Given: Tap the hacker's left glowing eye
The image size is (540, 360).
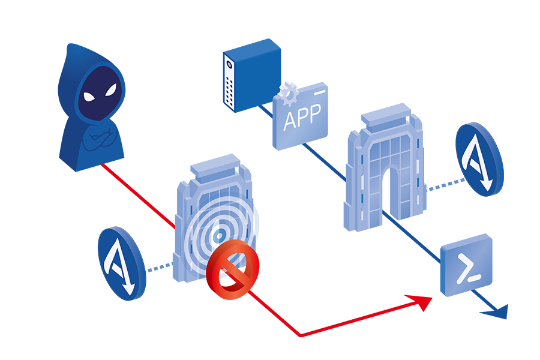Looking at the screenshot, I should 88,97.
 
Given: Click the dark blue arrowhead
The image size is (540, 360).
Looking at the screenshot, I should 497,311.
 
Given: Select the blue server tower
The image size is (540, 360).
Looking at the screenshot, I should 252,75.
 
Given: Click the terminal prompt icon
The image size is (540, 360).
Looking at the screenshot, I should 466,265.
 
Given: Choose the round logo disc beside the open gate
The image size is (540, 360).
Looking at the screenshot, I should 479,159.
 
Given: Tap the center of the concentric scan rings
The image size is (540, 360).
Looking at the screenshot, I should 220,235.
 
